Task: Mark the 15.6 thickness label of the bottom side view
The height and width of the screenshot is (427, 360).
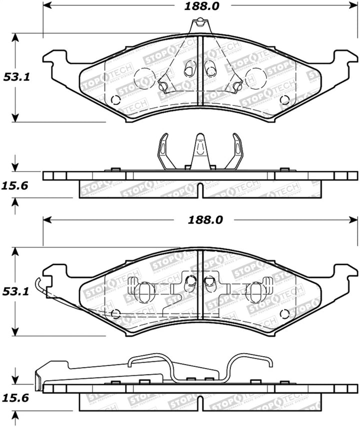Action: (x=15, y=398)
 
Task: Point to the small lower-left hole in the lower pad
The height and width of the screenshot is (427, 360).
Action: (x=116, y=314)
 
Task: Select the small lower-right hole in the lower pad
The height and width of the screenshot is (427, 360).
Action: (x=285, y=313)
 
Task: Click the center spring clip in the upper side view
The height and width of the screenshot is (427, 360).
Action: (x=199, y=151)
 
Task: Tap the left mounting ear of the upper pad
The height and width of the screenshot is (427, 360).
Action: (x=56, y=61)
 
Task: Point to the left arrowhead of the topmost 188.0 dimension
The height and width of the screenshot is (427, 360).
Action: (x=46, y=6)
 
